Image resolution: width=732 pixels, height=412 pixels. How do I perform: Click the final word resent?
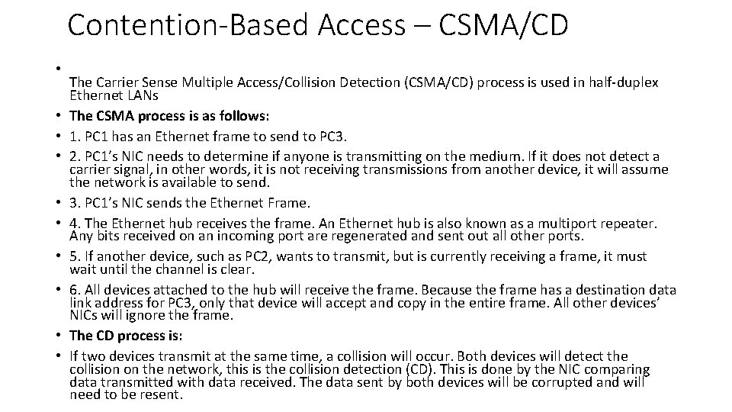point(164,394)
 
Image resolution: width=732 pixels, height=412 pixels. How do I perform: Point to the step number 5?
point(73,257)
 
